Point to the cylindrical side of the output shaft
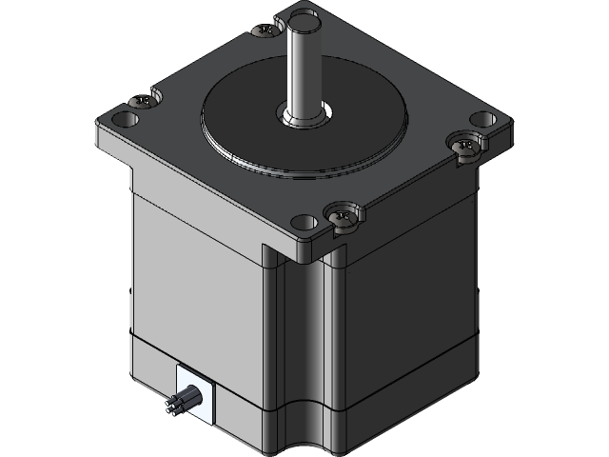(x=306, y=67)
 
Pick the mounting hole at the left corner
(x=123, y=121)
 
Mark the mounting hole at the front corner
(x=304, y=223)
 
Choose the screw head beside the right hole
(x=463, y=146)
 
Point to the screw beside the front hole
(x=344, y=215)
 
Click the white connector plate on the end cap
(x=194, y=395)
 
